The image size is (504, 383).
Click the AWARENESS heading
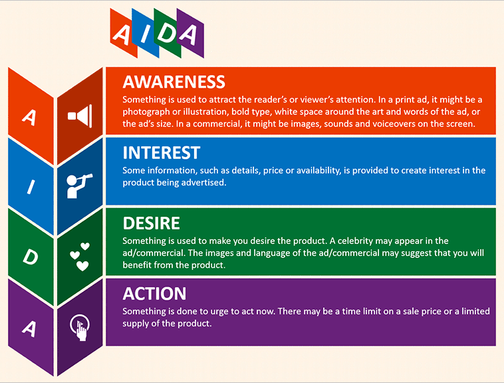click(x=174, y=82)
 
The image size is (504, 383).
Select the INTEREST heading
click(x=162, y=153)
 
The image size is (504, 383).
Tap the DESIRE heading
click(x=151, y=223)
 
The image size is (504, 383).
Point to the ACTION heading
click(x=154, y=294)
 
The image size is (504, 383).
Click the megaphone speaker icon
click(x=80, y=116)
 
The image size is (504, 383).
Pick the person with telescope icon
click(x=79, y=186)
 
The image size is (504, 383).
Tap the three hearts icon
click(x=80, y=257)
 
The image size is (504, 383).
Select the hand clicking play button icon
click(x=80, y=327)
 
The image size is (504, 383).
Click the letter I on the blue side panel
click(x=31, y=187)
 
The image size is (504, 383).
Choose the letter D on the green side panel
click(x=31, y=257)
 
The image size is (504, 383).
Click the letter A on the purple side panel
click(x=29, y=328)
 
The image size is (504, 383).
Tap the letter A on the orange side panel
click(x=29, y=117)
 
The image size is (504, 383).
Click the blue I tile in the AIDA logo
click(x=145, y=33)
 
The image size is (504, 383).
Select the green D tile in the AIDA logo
click(x=167, y=33)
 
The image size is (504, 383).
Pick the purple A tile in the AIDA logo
click(x=190, y=33)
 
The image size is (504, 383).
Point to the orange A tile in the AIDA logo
click(x=124, y=33)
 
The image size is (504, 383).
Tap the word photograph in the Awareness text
click(x=146, y=112)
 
